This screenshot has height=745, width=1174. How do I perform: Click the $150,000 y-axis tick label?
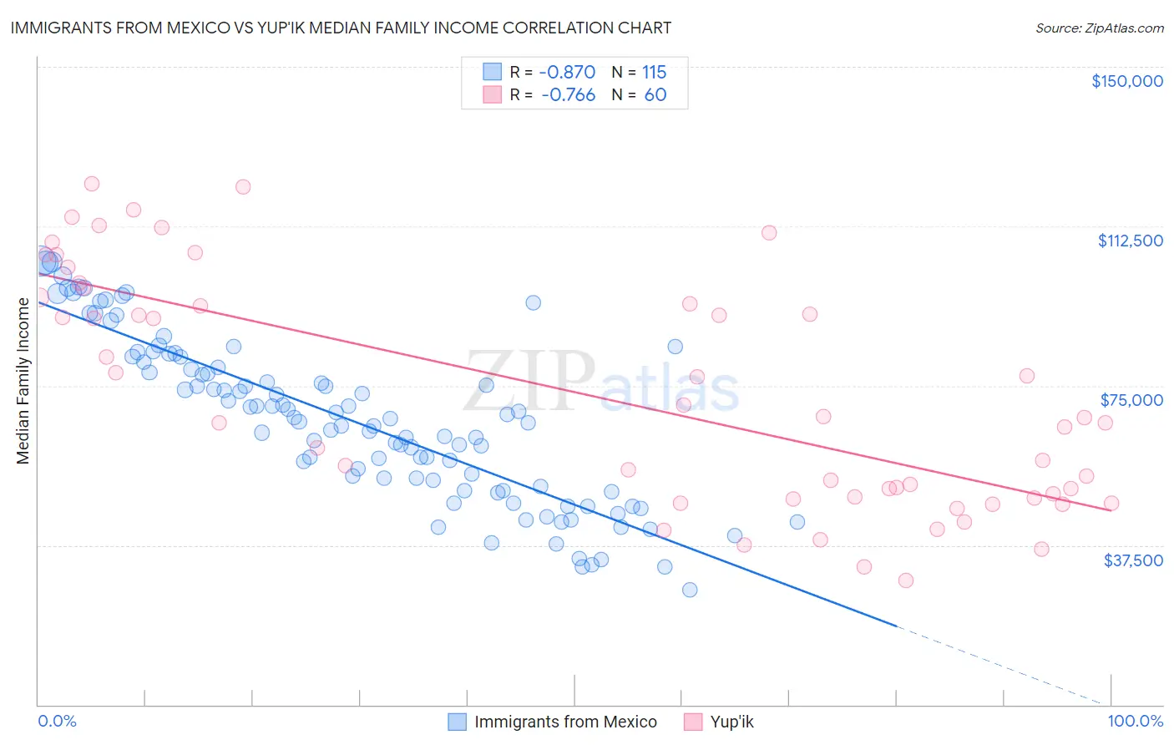tap(1126, 81)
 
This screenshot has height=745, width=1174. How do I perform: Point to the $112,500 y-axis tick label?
tap(1130, 241)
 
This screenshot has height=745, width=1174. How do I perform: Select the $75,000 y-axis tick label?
tap(1131, 400)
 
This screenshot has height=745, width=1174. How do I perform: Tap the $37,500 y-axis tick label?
tap(1133, 560)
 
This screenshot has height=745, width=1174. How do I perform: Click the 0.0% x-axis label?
tap(57, 721)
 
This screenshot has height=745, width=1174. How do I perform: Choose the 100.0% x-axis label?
tap(1135, 721)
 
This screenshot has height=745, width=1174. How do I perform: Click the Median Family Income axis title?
tap(23, 381)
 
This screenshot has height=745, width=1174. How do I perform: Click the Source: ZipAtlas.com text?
tap(1099, 28)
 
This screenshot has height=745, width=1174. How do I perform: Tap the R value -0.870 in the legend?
tap(567, 72)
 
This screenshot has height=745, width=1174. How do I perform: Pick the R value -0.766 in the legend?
tap(568, 94)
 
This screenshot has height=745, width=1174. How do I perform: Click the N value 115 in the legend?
tap(654, 72)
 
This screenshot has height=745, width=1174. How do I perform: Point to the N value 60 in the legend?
tap(655, 94)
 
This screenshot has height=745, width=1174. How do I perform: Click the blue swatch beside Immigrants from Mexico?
tap(457, 722)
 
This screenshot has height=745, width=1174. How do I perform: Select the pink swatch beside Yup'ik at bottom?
tap(692, 722)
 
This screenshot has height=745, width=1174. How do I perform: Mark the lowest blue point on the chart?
tap(690, 590)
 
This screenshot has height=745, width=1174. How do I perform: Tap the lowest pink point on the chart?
tap(905, 580)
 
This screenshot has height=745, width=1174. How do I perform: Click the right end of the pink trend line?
tap(1111, 509)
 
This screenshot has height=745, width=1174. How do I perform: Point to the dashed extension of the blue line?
tap(1002, 664)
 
